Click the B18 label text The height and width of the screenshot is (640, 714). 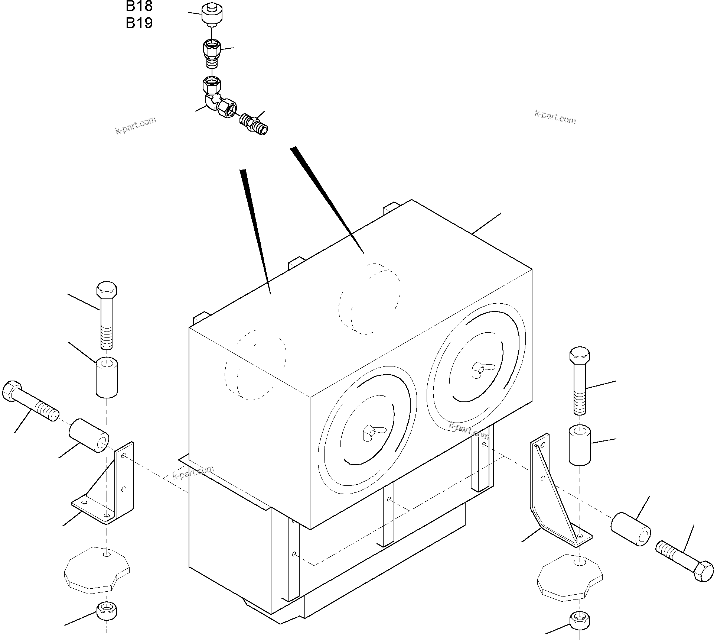pyautogui.click(x=139, y=6)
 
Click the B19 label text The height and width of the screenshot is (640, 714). pyautogui.click(x=139, y=23)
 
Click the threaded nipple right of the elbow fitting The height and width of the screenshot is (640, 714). pyautogui.click(x=254, y=124)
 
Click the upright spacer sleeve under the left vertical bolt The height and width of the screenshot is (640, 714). pyautogui.click(x=107, y=377)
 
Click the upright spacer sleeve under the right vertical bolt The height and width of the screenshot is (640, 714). pyautogui.click(x=580, y=445)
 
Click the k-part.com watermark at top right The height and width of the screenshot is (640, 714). pyautogui.click(x=555, y=117)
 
